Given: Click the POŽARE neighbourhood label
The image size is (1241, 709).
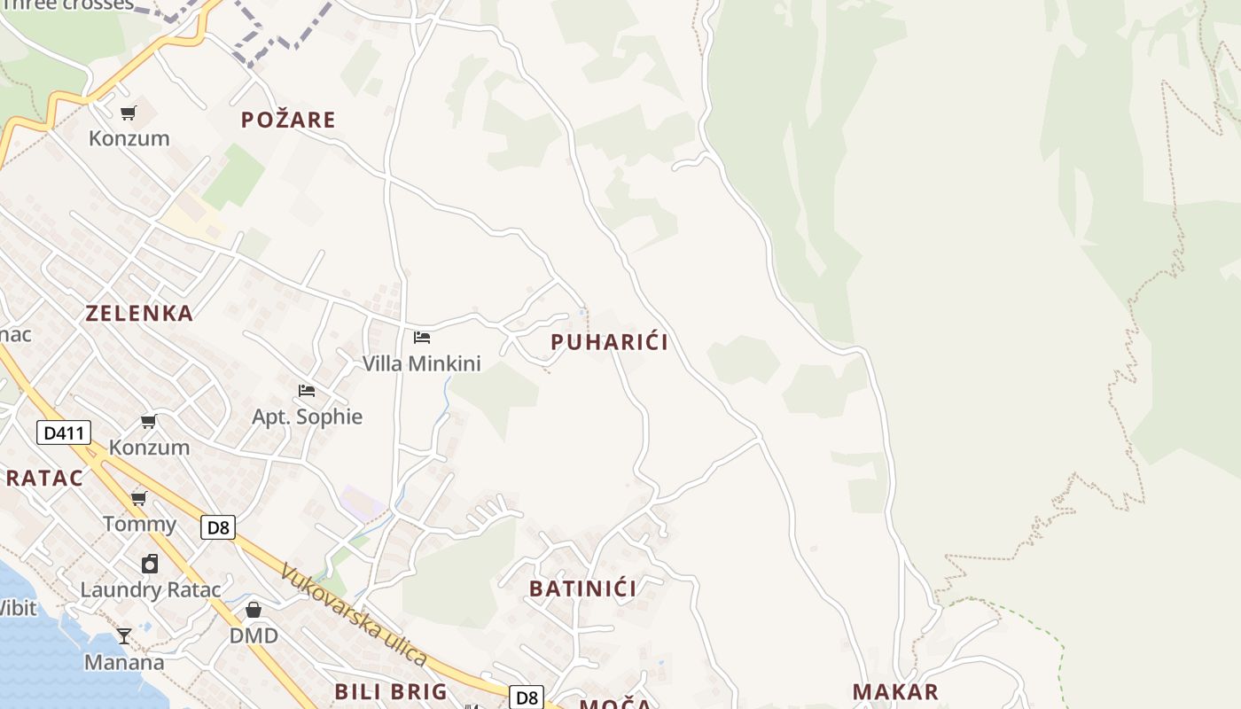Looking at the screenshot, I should coord(288,120).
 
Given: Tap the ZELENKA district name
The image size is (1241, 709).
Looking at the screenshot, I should coord(139,313).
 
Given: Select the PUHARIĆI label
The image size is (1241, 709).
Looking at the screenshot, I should coord(609,342).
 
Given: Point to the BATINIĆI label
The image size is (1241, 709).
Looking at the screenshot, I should coord(583,588).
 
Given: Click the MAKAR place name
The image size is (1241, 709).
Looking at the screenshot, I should coord(895,692).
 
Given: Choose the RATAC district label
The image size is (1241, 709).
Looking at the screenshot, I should coord(44,479).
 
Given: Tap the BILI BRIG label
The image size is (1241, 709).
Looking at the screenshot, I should coord(391,692).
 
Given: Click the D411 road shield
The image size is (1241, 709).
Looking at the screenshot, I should coord(64,433).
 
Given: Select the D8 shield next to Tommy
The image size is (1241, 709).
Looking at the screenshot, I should coord(217,528).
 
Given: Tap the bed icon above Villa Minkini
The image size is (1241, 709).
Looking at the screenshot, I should coord(422,338).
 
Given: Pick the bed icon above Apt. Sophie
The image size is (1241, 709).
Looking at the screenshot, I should coord(307,390).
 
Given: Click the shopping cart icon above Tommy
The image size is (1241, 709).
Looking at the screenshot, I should coord(139,498).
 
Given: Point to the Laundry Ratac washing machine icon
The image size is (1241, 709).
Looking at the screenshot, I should coord(150,564).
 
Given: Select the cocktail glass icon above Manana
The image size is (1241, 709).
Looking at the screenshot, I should coord(124,635).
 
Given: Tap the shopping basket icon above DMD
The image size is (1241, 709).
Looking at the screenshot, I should coord(254,610).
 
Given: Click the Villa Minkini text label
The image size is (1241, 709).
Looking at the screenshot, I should coord(422,363).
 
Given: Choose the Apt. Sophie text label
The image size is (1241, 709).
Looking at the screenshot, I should coord(308,417).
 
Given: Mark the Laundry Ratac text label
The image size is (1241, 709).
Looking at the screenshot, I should coord(151,589).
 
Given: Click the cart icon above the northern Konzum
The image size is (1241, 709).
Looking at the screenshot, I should coord(129,113).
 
